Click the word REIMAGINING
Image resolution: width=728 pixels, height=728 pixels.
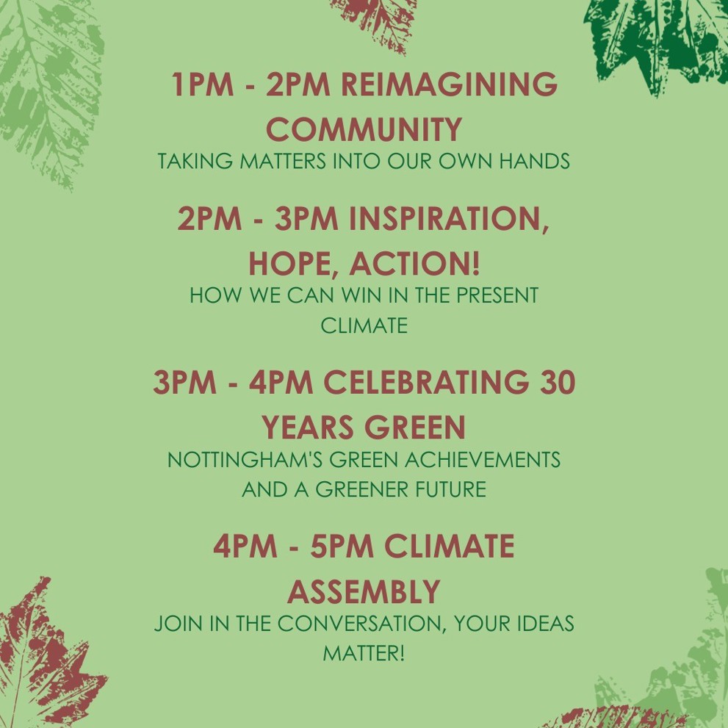[451, 84]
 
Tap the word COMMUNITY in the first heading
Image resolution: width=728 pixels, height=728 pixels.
[364, 129]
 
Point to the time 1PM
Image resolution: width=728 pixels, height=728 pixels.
[203, 84]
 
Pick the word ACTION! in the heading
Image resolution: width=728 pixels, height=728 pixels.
[414, 263]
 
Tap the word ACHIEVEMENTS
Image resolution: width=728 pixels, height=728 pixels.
[483, 460]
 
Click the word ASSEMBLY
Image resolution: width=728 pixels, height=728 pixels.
[364, 591]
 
